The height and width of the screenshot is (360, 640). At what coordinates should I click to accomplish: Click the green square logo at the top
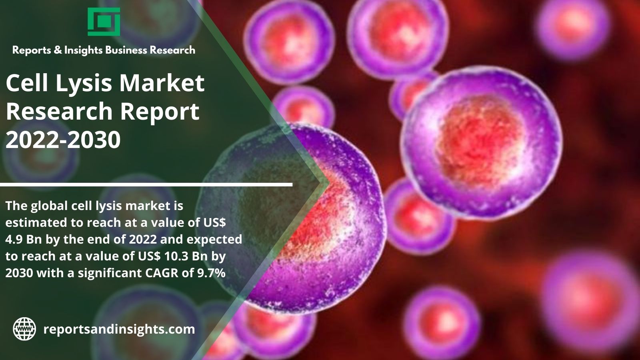pos(104,22)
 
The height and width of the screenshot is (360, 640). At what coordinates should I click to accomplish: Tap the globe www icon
pos(24,329)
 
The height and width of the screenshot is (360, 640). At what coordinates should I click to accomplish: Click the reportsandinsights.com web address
pos(119,329)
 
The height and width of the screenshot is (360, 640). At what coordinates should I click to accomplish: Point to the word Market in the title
pos(162,83)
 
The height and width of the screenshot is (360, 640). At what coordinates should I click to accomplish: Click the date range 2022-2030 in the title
pos(63,140)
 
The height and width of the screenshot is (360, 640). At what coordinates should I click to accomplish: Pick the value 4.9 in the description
pos(14,240)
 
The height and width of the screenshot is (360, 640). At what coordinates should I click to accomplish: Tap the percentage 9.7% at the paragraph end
pos(212,273)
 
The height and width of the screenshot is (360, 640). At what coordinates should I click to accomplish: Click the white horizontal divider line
pos(146,184)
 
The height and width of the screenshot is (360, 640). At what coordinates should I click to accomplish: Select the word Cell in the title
pos(27,83)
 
